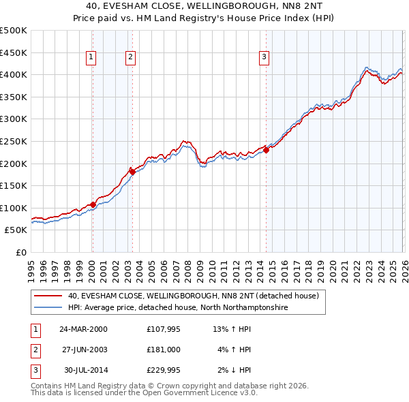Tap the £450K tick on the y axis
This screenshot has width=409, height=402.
point(14,52)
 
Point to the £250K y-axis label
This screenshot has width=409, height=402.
point(14,141)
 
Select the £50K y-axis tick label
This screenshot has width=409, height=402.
point(16,230)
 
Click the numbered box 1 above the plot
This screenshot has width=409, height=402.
point(91,58)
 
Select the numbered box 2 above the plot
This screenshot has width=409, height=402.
point(130,58)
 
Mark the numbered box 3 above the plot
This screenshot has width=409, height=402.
point(264,58)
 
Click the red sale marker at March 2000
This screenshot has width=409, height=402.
point(93,204)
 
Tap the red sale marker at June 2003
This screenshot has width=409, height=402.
point(132,172)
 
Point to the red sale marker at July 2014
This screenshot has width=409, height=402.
point(266,150)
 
